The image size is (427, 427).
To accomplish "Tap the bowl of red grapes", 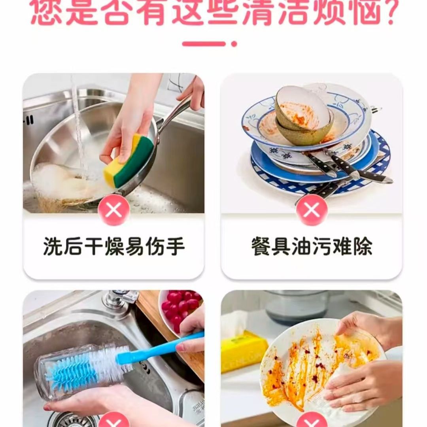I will click(180, 308).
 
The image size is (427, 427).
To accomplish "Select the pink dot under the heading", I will click(234, 44).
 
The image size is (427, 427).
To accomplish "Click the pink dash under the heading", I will click(204, 44).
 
